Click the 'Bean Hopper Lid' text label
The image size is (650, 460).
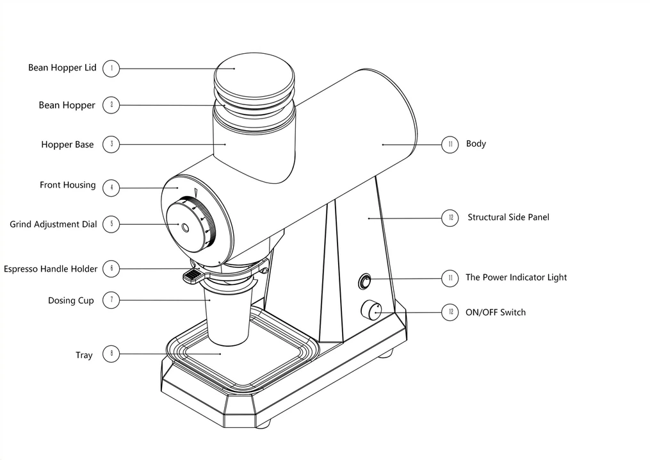click(x=62, y=68)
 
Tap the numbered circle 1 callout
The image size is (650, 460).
click(x=111, y=68)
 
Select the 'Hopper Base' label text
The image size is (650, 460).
click(x=67, y=145)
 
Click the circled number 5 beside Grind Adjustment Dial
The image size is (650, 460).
click(x=111, y=224)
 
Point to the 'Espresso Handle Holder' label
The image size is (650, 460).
click(x=51, y=269)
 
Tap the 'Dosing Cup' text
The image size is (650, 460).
click(x=70, y=300)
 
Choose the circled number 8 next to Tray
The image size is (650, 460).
click(x=111, y=353)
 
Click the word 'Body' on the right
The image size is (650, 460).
click(x=476, y=144)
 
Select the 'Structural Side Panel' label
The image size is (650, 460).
click(x=508, y=217)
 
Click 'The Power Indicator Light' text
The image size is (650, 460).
click(x=516, y=277)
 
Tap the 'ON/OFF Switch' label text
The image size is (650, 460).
click(x=495, y=313)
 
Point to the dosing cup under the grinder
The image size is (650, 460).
click(x=227, y=320)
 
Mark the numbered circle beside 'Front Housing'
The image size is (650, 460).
click(x=111, y=188)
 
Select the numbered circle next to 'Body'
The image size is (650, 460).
click(x=450, y=144)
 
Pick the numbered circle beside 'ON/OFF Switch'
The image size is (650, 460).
click(x=450, y=312)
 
